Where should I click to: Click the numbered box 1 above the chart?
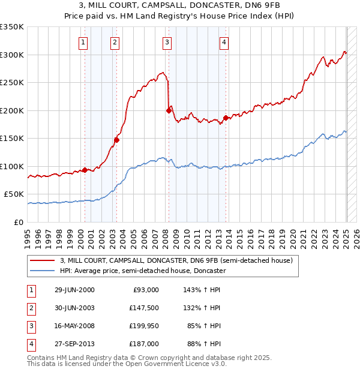click(x=82, y=42)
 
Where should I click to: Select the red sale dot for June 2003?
click(x=116, y=140)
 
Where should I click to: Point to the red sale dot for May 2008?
click(x=169, y=110)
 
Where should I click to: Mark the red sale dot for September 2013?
click(x=226, y=118)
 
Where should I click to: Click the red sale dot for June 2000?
click(x=85, y=170)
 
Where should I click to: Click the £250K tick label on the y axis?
click(x=13, y=83)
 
